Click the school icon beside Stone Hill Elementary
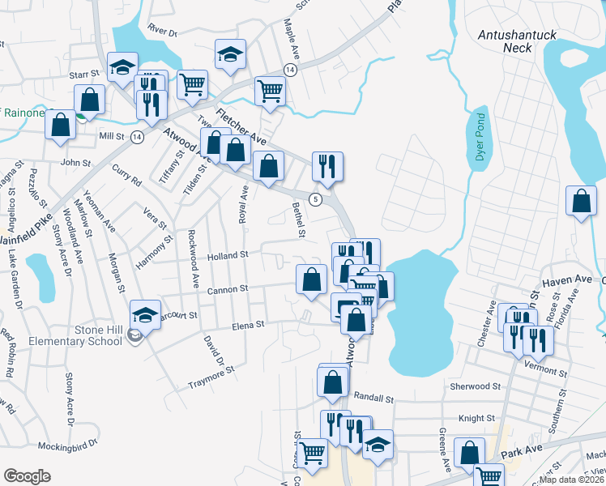(x=144, y=314)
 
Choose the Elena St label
(x=249, y=324)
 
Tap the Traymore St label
(x=211, y=370)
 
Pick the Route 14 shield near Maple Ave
(x=290, y=70)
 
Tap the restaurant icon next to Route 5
(x=327, y=165)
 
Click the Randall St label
(x=373, y=399)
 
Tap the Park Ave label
(x=519, y=454)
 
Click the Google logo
(x=27, y=476)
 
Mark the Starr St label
(x=83, y=74)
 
